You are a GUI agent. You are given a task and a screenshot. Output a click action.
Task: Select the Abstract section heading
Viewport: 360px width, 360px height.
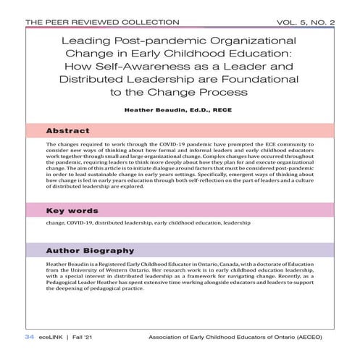point(68,131)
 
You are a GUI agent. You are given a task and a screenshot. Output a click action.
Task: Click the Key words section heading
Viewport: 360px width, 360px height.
point(72,211)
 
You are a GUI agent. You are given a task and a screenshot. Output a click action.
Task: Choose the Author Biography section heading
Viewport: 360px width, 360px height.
point(90,251)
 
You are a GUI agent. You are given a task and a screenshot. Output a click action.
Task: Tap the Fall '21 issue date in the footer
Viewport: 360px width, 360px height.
point(83,338)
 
